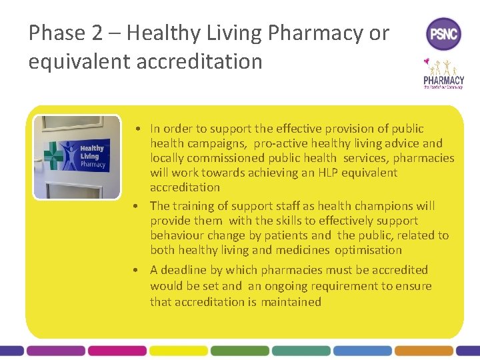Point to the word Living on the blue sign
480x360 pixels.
pos(89,156)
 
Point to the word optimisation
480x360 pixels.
pos(368,250)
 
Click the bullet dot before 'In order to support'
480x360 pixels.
pos(135,129)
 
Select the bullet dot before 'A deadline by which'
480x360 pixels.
pos(135,270)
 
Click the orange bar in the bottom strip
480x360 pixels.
pos(423,350)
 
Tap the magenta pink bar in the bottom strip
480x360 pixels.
pos(117,350)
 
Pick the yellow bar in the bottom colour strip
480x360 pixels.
pos(178,350)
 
